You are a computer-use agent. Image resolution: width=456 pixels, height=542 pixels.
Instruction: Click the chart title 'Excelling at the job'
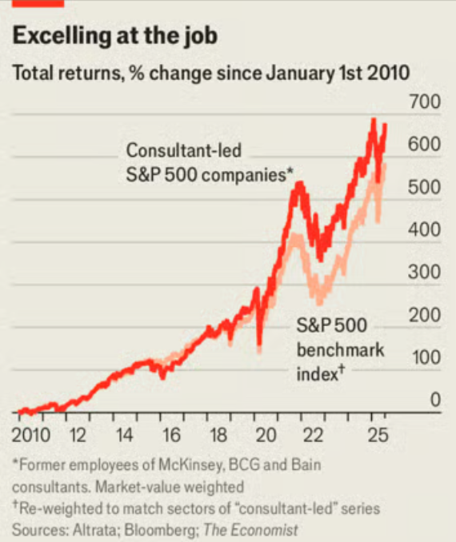[x=114, y=37]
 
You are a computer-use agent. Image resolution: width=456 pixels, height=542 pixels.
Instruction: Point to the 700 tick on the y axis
[x=425, y=102]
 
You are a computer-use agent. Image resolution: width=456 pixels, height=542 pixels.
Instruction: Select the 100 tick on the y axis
[x=425, y=357]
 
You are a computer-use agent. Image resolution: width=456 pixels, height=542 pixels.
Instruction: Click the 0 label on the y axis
[x=435, y=400]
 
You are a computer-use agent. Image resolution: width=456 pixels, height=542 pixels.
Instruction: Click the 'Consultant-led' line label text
[x=184, y=150]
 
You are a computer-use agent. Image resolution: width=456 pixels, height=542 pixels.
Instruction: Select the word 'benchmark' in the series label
[x=340, y=349]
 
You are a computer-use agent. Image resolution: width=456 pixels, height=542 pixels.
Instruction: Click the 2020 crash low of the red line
[x=259, y=349]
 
